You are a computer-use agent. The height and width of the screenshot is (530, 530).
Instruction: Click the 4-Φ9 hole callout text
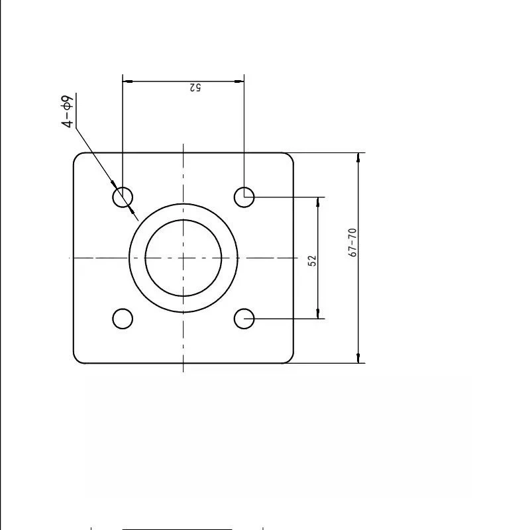(x=68, y=111)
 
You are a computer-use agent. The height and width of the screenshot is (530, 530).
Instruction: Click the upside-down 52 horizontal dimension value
(x=195, y=87)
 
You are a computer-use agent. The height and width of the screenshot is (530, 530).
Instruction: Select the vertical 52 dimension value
(x=313, y=260)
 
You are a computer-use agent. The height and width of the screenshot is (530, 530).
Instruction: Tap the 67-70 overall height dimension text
(x=352, y=242)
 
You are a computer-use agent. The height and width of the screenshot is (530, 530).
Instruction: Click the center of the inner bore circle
(x=184, y=258)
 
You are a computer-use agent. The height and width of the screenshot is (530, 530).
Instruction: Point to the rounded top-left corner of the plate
(x=76, y=156)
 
